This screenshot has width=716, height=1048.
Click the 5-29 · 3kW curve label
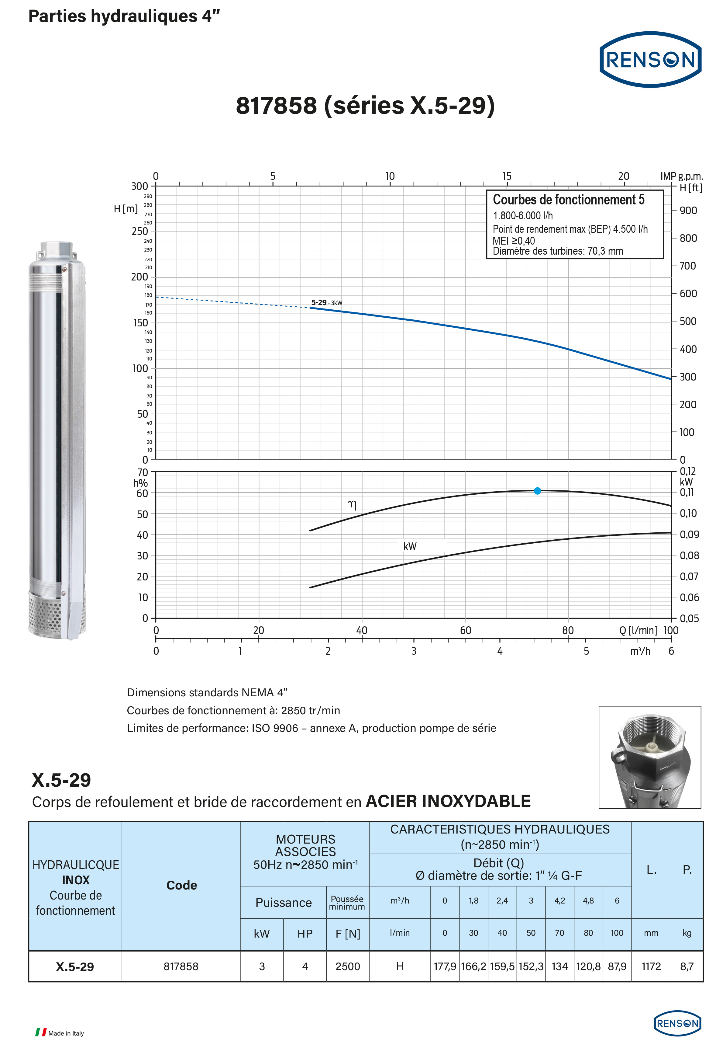pyautogui.click(x=327, y=303)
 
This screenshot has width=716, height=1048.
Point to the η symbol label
pyautogui.click(x=352, y=505)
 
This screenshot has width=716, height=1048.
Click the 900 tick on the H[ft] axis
pyautogui.click(x=688, y=211)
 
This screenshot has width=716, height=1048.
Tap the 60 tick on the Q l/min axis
pyautogui.click(x=466, y=630)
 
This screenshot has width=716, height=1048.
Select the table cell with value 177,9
pyautogui.click(x=445, y=966)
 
